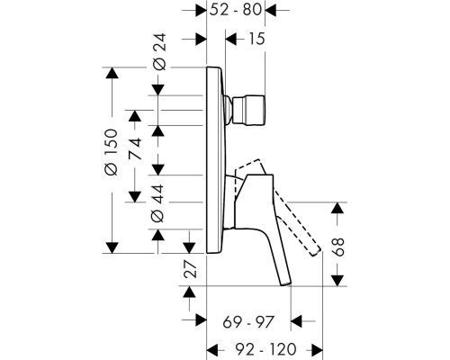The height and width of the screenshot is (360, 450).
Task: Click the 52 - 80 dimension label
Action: click(236, 10)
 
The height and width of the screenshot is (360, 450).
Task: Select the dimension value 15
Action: click(256, 39)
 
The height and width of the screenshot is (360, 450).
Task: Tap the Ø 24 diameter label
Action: click(159, 51)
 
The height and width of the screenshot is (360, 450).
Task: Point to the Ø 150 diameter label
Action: click(111, 152)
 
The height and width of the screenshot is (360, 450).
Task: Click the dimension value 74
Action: click(135, 148)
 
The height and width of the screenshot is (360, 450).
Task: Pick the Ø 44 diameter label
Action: click(157, 203)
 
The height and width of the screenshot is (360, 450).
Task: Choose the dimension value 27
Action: click(190, 268)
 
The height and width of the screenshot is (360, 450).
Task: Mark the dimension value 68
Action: click(338, 247)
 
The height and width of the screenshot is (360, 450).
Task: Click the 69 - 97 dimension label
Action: click(248, 322)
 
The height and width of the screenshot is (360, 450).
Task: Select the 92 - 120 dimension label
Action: click(265, 349)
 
